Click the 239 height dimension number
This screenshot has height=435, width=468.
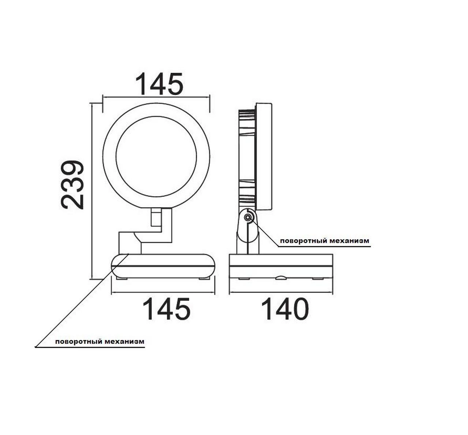tap(72, 185)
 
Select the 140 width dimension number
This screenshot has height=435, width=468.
tap(285, 309)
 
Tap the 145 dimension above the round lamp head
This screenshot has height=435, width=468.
tap(159, 84)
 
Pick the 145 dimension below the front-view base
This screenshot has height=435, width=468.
tap(166, 309)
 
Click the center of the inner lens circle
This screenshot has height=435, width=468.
tap(156, 156)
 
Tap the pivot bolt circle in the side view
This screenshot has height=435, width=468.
tap(248, 217)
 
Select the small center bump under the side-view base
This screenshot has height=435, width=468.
tap(280, 278)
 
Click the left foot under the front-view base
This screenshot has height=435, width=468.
tap(122, 279)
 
